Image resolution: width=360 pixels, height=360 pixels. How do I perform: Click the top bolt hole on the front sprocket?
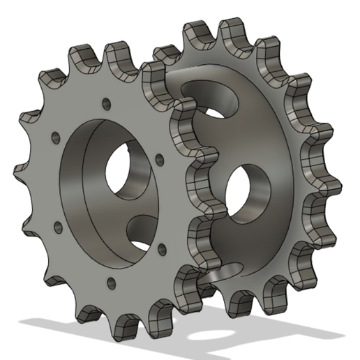tap(106, 104)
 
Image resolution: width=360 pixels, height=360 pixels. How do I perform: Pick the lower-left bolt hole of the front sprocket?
tap(56, 225)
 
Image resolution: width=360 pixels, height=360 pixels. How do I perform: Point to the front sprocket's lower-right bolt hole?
tap(163, 248)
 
